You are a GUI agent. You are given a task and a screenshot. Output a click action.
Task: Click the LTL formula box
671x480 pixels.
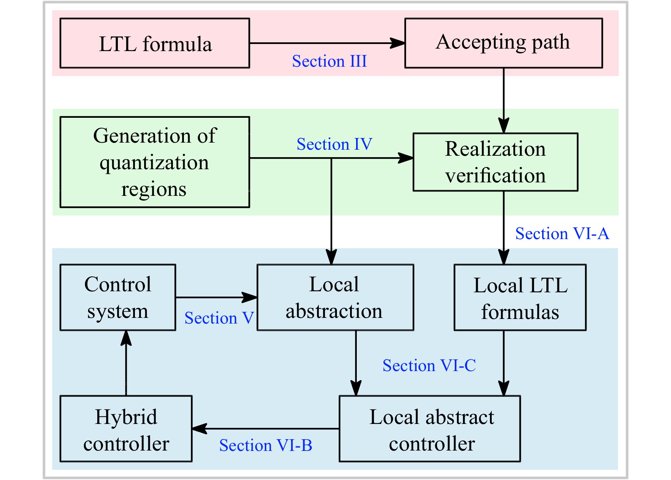click(x=155, y=43)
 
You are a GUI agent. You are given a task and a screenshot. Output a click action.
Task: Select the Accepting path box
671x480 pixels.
click(x=503, y=43)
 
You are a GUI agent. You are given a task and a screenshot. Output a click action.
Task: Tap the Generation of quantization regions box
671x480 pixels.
click(x=155, y=162)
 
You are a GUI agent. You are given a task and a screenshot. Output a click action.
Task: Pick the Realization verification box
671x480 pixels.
click(x=496, y=162)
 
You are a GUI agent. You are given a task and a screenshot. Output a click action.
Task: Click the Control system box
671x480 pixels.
click(x=118, y=297)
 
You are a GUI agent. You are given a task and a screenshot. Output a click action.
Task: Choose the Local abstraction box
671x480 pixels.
click(x=335, y=297)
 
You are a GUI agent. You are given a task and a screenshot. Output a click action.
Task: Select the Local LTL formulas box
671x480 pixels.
click(x=520, y=297)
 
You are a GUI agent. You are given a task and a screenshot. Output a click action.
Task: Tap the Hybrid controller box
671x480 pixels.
click(x=126, y=429)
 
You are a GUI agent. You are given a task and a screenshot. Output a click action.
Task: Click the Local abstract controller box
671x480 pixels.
click(x=430, y=429)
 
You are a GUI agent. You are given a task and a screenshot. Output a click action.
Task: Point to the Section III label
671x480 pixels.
click(x=329, y=61)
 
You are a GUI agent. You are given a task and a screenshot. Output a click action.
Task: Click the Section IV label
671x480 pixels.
click(x=334, y=144)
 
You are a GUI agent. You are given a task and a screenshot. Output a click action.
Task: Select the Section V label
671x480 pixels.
click(x=219, y=318)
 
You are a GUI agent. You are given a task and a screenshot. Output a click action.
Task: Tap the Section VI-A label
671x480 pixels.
click(x=562, y=233)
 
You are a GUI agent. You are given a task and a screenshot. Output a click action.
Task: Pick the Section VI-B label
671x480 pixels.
click(x=266, y=445)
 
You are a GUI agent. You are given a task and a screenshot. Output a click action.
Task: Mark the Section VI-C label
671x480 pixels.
click(x=429, y=365)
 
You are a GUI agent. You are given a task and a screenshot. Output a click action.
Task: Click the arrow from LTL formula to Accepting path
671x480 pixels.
click(x=327, y=43)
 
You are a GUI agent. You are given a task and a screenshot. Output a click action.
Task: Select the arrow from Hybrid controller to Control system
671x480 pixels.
click(x=126, y=363)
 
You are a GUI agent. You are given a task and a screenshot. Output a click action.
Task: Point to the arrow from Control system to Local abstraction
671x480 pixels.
click(x=217, y=297)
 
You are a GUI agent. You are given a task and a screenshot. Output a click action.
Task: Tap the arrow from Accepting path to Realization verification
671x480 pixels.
click(x=503, y=100)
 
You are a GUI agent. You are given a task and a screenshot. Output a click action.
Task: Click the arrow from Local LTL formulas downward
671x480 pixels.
click(x=503, y=363)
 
